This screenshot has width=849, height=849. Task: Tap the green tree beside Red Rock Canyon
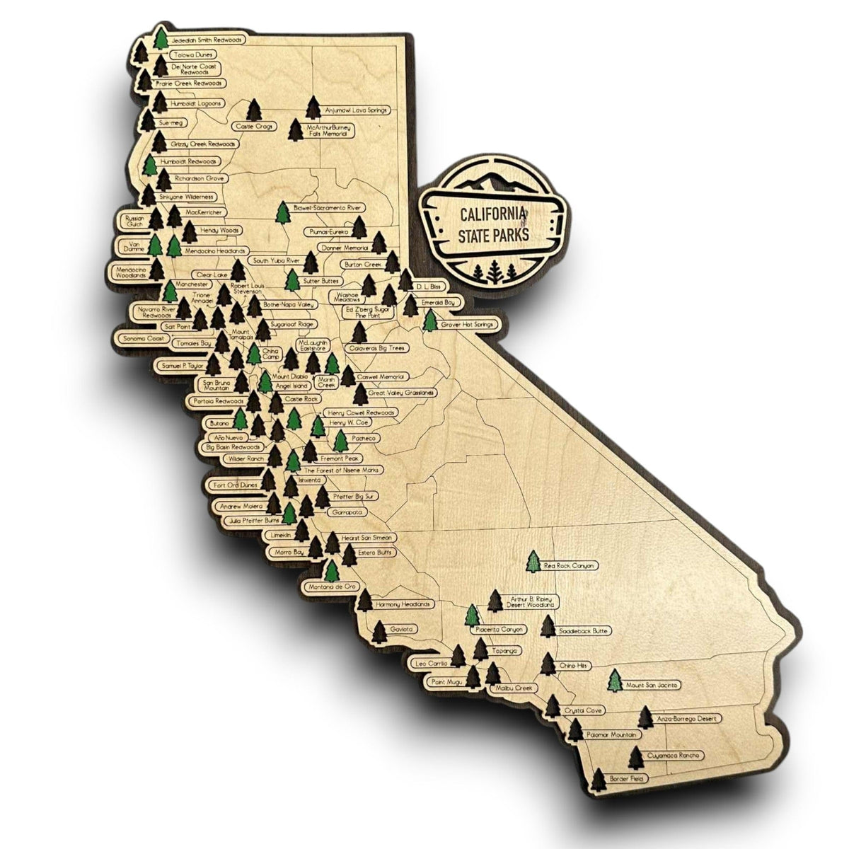[534, 561]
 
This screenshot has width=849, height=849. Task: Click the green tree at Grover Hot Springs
[429, 320]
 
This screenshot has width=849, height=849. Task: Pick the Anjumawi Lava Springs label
[357, 110]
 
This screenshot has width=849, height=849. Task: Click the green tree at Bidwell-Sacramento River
[283, 212]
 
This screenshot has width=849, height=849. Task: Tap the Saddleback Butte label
[584, 630]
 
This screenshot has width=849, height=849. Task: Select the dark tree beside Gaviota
[379, 631]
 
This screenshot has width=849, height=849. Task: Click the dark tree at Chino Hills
[547, 664]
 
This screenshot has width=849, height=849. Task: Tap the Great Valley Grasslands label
[402, 392]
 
